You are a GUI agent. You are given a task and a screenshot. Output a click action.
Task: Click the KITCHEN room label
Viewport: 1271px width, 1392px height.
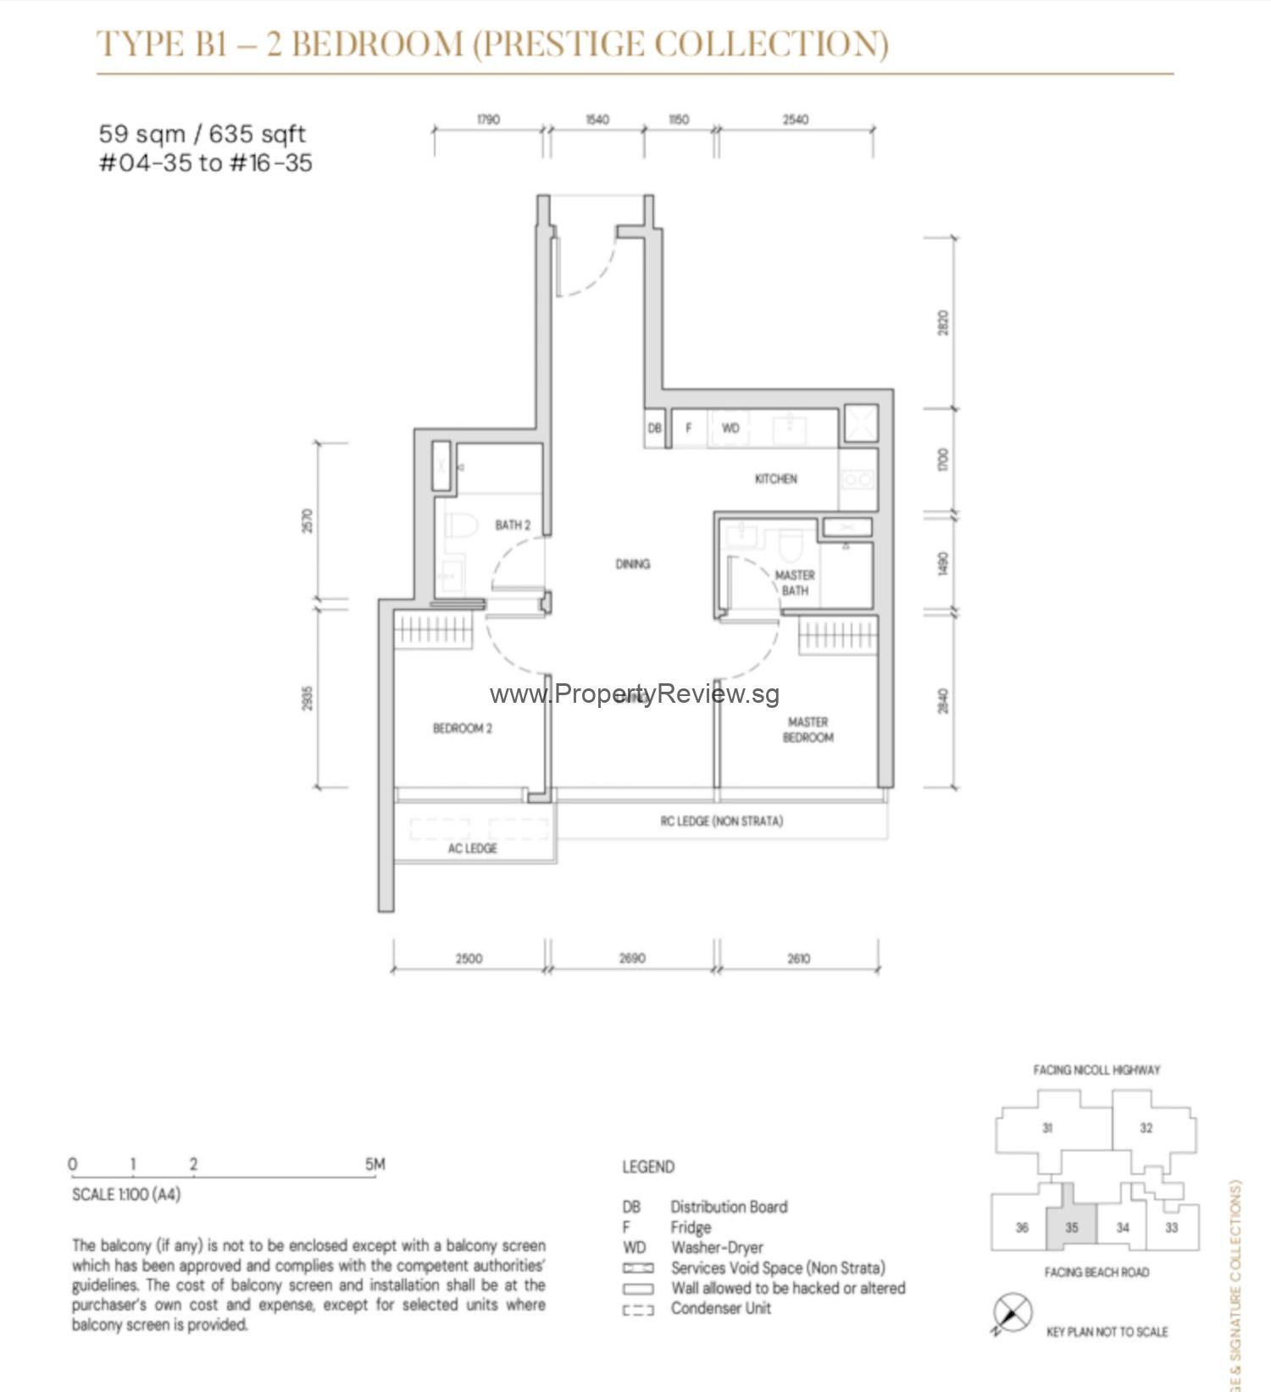(x=775, y=479)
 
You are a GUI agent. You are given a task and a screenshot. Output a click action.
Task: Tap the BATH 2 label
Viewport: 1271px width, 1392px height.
(x=513, y=526)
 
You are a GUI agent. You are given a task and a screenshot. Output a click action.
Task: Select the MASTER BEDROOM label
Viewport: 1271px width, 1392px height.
(x=808, y=730)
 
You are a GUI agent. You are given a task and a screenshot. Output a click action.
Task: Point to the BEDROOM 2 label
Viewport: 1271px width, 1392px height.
(x=462, y=728)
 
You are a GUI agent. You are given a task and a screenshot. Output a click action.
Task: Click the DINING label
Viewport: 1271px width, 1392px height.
(x=633, y=564)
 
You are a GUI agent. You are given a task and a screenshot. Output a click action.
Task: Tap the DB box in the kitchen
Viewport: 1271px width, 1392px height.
(x=654, y=428)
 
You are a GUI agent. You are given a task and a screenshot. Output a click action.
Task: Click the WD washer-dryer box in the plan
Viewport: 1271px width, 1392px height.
(x=730, y=428)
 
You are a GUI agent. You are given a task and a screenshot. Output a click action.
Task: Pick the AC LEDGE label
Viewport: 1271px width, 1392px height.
(x=473, y=848)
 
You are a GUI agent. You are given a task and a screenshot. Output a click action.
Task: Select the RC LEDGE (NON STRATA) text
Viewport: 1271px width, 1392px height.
(x=721, y=821)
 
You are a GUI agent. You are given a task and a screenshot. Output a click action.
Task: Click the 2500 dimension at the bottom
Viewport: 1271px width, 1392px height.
(x=469, y=959)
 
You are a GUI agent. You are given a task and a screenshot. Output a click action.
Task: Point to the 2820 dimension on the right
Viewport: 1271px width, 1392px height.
(x=943, y=323)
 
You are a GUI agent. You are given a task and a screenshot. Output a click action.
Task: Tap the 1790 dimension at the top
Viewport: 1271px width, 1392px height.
(x=488, y=120)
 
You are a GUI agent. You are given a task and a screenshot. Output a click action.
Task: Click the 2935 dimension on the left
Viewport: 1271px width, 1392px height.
(x=308, y=699)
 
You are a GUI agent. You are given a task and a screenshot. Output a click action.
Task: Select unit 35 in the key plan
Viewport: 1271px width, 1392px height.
(x=1071, y=1227)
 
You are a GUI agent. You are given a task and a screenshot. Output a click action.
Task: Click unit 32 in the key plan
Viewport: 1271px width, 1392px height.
(x=1146, y=1128)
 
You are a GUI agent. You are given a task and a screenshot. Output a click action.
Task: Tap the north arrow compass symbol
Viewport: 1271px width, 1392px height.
(x=1012, y=1313)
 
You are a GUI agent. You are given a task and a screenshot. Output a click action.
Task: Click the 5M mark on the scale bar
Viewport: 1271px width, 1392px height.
(x=375, y=1165)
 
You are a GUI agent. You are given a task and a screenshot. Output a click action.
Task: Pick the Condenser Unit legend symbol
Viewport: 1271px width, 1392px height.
(x=638, y=1310)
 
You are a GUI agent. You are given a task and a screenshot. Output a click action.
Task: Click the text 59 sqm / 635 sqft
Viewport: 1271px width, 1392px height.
(x=202, y=134)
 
